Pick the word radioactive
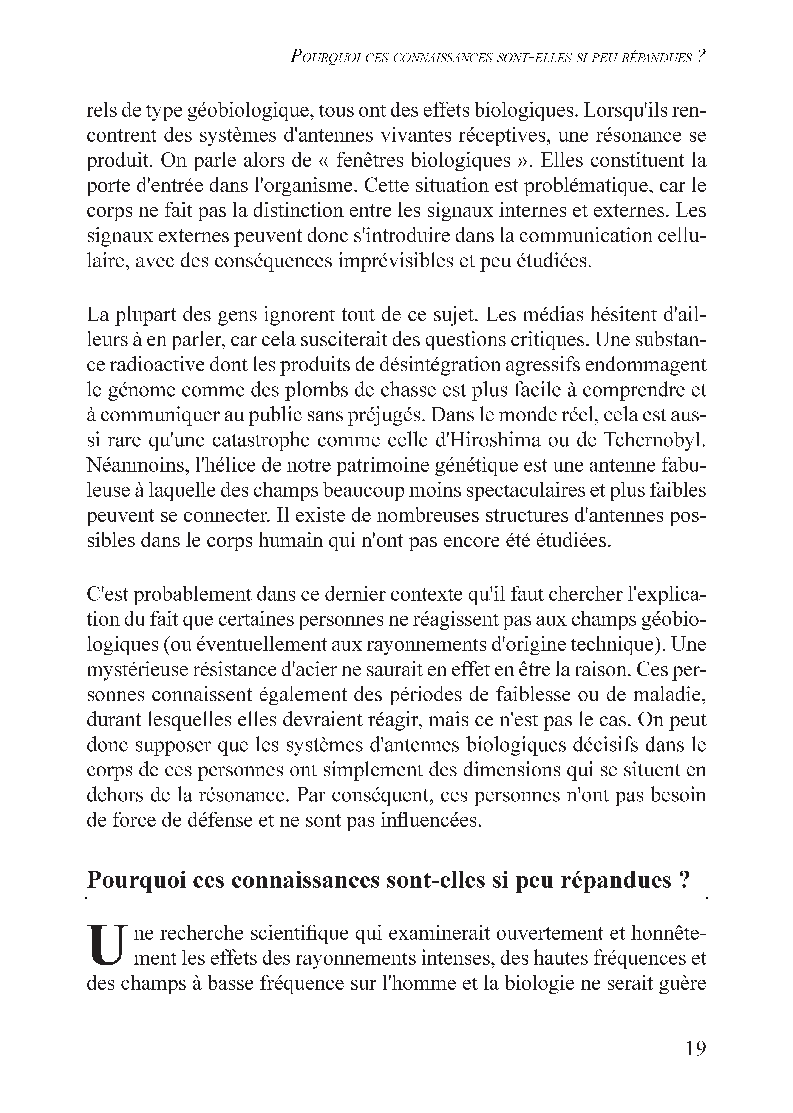(161, 365)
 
